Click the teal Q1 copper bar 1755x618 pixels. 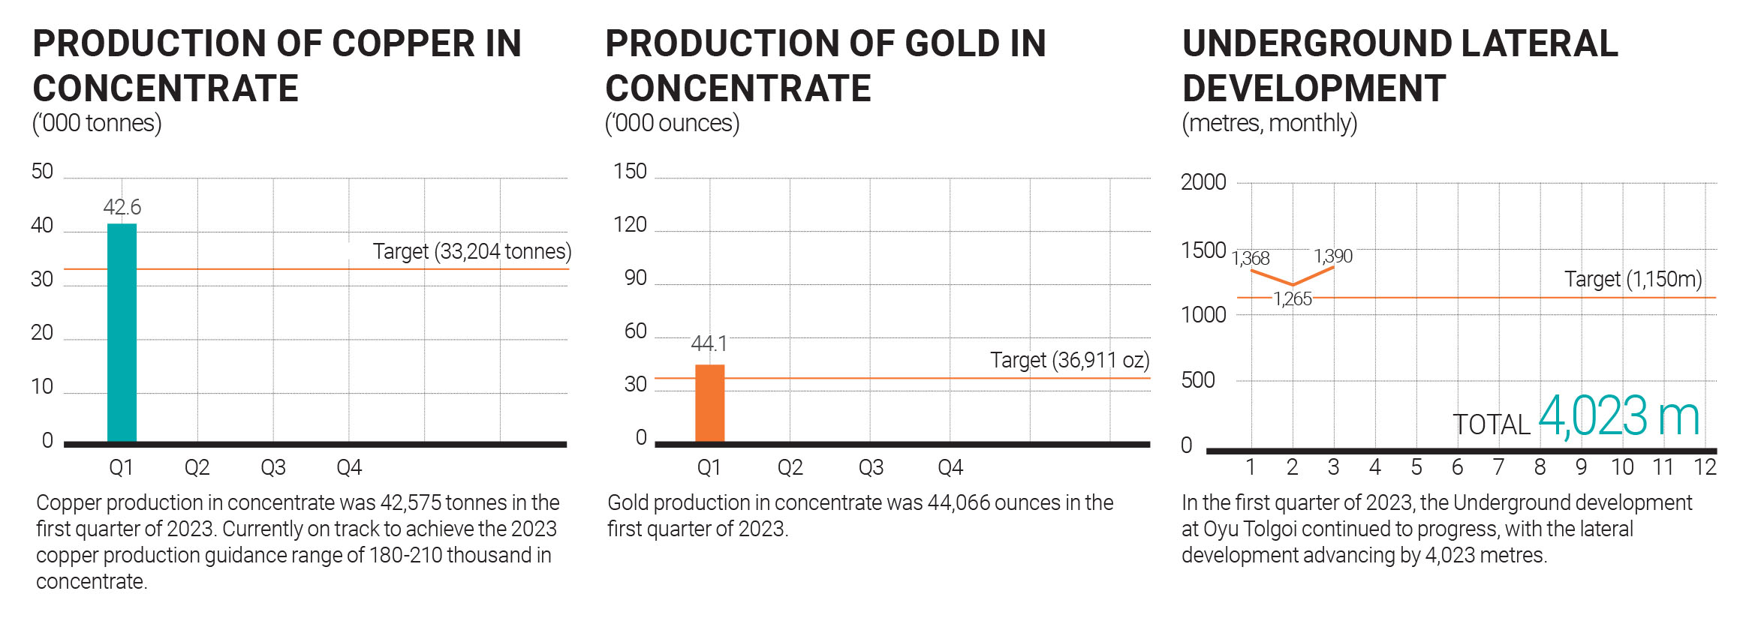(x=122, y=332)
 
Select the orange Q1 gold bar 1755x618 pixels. (x=709, y=403)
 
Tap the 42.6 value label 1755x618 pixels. (x=122, y=207)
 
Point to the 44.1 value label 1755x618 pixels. (x=709, y=343)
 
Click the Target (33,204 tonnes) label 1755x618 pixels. (x=472, y=251)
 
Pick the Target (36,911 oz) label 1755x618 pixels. (x=1070, y=360)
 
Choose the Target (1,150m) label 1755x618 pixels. (x=1633, y=279)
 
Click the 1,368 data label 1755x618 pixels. (x=1251, y=259)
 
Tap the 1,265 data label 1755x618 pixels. (x=1293, y=299)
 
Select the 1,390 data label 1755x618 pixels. (x=1333, y=256)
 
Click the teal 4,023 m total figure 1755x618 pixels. (x=1619, y=416)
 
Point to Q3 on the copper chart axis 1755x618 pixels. (x=273, y=468)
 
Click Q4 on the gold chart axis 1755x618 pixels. (x=950, y=468)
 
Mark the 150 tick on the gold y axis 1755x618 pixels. (x=630, y=172)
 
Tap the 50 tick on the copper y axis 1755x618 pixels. (x=42, y=172)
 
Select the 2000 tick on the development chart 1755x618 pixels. (x=1203, y=182)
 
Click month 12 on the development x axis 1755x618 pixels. (x=1705, y=467)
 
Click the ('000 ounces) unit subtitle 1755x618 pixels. (x=673, y=123)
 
